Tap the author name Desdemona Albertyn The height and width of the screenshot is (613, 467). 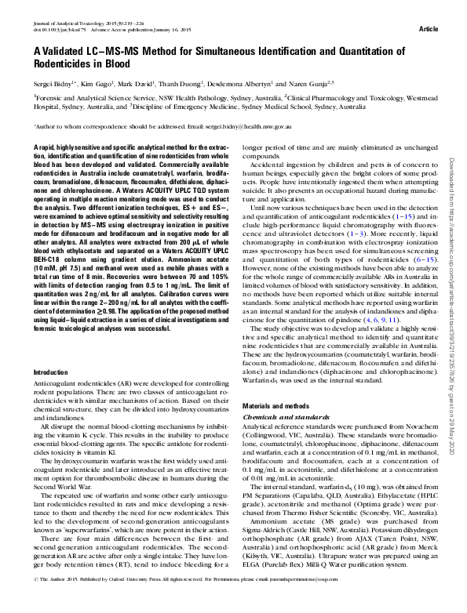pyautogui.click(x=282, y=82)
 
